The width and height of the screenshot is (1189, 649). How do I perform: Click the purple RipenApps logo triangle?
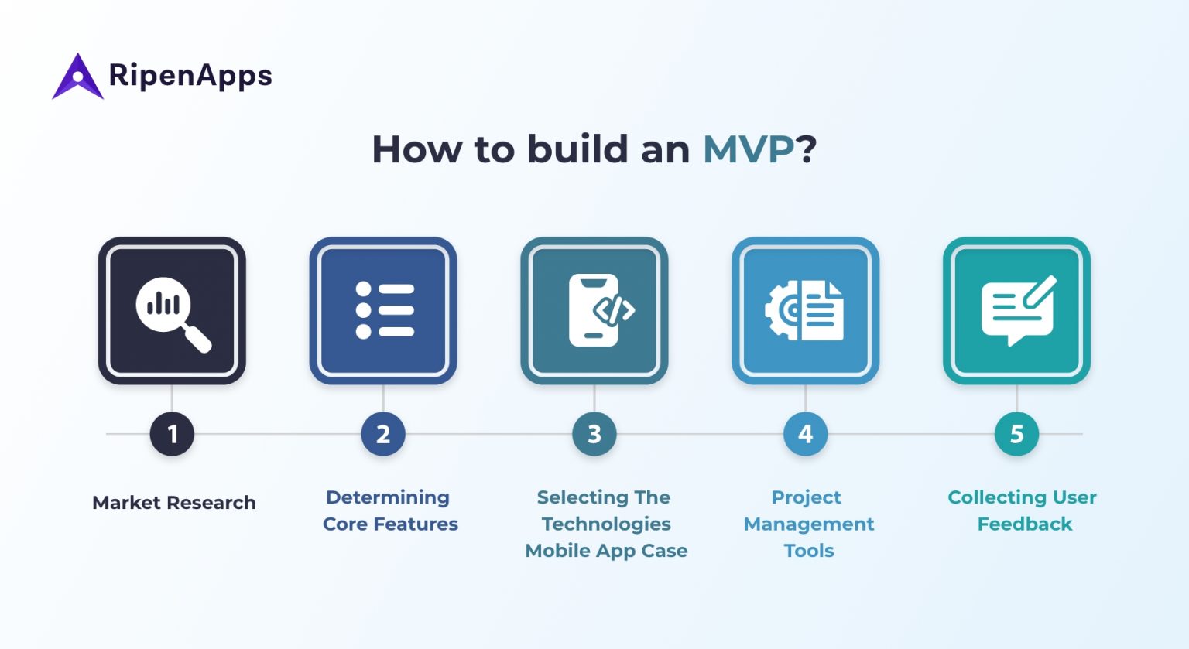pyautogui.click(x=77, y=77)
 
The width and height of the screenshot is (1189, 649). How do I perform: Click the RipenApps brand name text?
pyautogui.click(x=190, y=76)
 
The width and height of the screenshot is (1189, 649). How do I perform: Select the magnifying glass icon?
pyautogui.click(x=172, y=311)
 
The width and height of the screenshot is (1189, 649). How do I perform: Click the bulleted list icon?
pyautogui.click(x=384, y=311)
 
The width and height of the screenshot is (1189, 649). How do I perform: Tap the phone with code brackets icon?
pyautogui.click(x=595, y=311)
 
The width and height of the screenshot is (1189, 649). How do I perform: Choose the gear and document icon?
pyautogui.click(x=805, y=311)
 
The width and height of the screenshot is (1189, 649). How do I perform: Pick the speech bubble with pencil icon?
pyautogui.click(x=1017, y=311)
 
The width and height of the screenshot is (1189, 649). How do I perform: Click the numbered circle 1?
pyautogui.click(x=172, y=434)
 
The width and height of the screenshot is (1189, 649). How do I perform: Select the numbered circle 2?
pyautogui.click(x=383, y=434)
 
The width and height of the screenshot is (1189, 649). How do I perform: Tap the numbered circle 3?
pyautogui.click(x=594, y=434)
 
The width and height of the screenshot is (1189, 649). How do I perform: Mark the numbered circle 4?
pyautogui.click(x=806, y=434)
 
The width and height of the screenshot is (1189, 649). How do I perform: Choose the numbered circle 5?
pyautogui.click(x=1016, y=434)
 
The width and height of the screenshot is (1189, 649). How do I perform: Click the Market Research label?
pyautogui.click(x=174, y=503)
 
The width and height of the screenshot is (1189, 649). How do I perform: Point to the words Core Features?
pyautogui.click(x=390, y=524)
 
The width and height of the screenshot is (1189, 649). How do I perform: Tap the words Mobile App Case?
pyautogui.click(x=606, y=551)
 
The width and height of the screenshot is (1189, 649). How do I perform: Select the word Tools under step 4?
pyautogui.click(x=809, y=551)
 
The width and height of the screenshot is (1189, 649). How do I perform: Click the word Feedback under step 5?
pyautogui.click(x=1024, y=524)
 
